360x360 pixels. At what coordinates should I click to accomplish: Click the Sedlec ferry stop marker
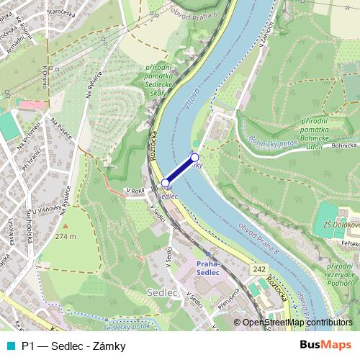165,184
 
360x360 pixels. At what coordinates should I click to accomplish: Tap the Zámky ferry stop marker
194,156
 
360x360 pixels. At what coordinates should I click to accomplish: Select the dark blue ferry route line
180,170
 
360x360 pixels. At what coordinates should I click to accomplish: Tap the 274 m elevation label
66,236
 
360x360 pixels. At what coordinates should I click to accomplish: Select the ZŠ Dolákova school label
341,224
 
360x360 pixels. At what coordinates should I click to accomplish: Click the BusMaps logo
325,346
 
